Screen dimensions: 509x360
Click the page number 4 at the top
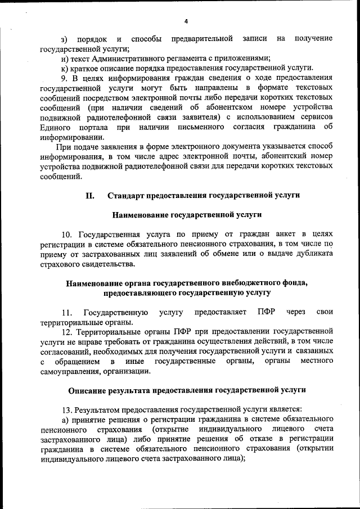click(x=186, y=21)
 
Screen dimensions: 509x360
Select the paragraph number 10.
click(x=67, y=233)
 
